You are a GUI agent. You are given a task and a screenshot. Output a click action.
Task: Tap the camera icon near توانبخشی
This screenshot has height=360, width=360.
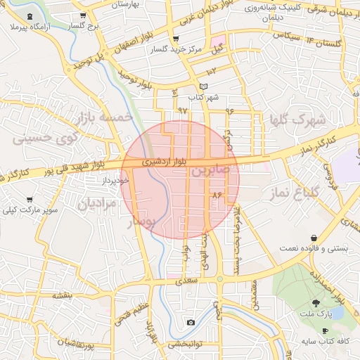click(191, 323)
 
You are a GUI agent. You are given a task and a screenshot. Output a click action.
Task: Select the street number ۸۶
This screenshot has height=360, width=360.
click(217, 193)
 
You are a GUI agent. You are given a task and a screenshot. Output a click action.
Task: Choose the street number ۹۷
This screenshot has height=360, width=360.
click(183, 110)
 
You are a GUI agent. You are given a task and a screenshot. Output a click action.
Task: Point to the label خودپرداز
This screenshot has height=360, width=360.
click(115, 181)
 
